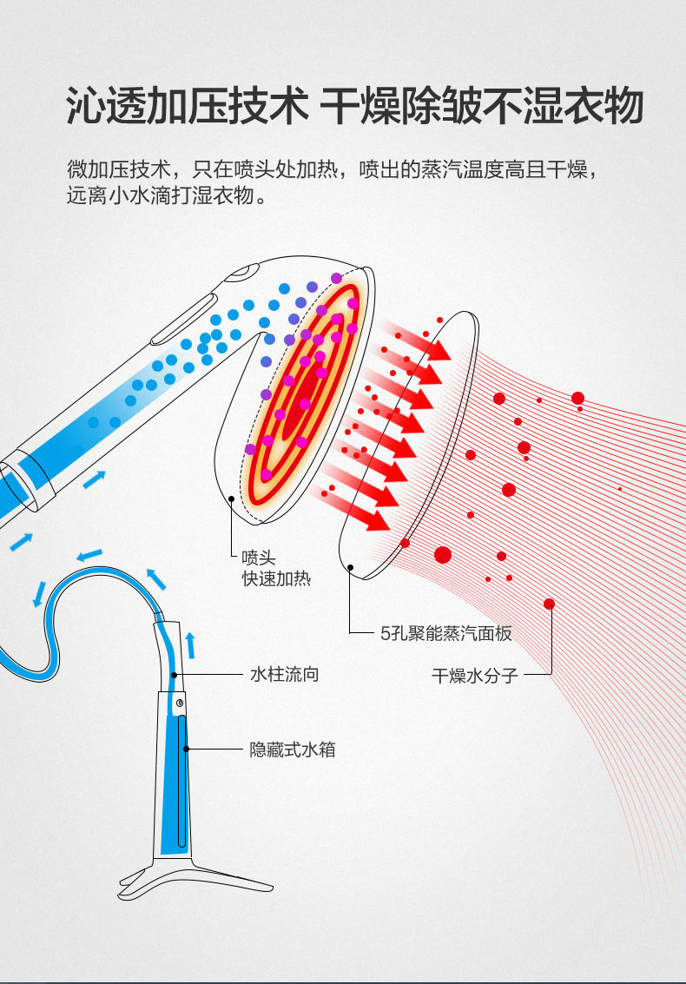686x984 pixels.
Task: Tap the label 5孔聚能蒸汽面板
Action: point(446,633)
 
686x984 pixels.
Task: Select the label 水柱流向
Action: point(284,674)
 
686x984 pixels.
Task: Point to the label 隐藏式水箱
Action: point(293,750)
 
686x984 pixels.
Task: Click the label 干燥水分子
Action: point(474,675)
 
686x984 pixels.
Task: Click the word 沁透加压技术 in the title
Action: point(187,107)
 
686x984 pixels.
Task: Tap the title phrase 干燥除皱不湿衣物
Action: point(482,107)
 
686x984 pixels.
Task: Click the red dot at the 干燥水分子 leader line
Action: point(549,604)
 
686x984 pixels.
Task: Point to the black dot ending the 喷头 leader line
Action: point(232,499)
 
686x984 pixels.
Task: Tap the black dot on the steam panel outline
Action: point(350,568)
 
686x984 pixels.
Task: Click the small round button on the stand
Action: point(179,703)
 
